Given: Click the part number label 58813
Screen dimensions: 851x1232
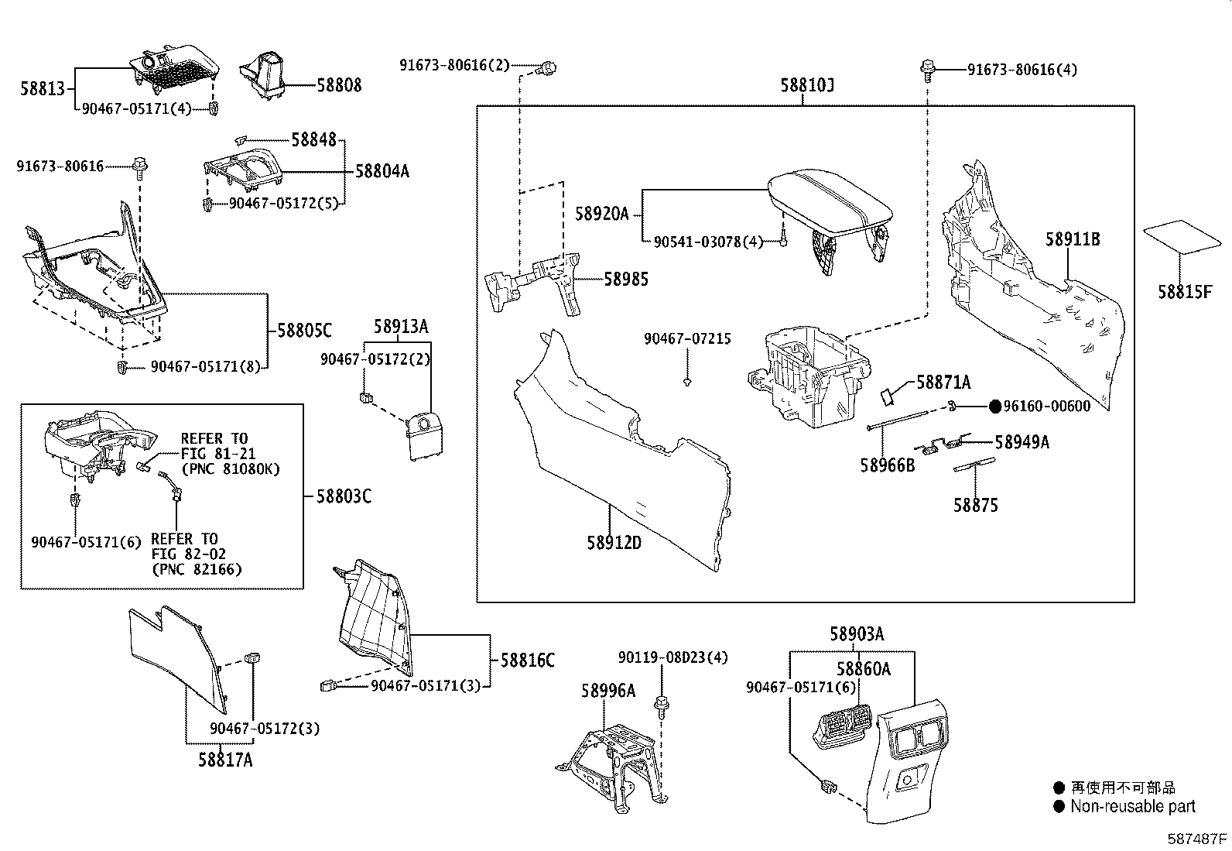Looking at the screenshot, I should (x=43, y=88).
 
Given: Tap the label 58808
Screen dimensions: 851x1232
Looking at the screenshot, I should (x=339, y=84).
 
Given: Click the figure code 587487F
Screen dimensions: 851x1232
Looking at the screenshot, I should (x=1197, y=839).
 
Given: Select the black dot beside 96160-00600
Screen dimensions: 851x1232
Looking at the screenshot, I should (x=995, y=407).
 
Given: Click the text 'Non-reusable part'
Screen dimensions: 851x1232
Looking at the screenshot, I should (x=1132, y=807).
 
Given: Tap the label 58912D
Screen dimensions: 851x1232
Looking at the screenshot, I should (x=614, y=543).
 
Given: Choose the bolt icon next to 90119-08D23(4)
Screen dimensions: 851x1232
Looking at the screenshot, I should (x=662, y=705).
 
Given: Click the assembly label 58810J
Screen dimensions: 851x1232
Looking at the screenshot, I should (x=807, y=84).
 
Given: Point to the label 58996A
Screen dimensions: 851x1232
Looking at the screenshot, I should (x=608, y=690).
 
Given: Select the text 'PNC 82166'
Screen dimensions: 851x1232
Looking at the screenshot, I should (x=197, y=569).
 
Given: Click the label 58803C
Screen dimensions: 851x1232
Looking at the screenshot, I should (x=344, y=496).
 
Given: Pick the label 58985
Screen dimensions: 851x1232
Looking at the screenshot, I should (x=626, y=279).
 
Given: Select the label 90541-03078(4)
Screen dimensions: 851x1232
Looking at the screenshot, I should (x=708, y=242).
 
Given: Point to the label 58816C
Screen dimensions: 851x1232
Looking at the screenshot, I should (x=528, y=661).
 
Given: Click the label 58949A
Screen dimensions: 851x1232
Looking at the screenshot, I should (x=1022, y=442).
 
